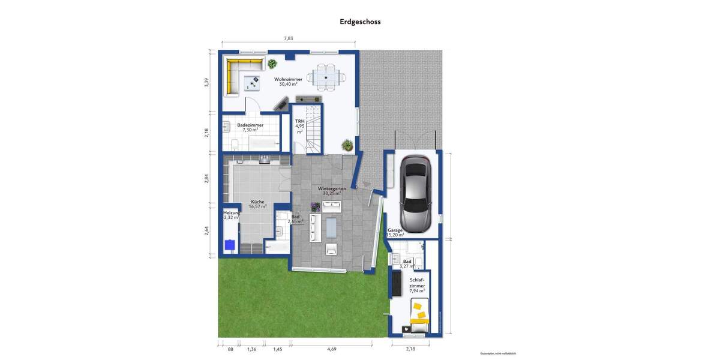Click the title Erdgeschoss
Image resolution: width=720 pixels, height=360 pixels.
[x=360, y=22]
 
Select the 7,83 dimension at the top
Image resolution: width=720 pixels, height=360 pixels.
[x=289, y=38]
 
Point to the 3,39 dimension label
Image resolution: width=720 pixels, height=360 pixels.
[x=206, y=82]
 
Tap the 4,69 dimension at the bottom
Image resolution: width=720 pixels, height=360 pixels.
[x=331, y=349]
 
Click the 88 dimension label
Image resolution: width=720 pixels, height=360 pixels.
[x=230, y=349]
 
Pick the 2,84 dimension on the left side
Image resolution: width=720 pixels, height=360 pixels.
[x=206, y=178]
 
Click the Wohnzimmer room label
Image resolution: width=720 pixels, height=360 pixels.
[x=288, y=79]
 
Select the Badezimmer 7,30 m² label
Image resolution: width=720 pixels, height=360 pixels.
[x=250, y=127]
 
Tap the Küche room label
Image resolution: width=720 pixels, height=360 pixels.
[x=257, y=202]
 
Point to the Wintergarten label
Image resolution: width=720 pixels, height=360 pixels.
[x=332, y=188]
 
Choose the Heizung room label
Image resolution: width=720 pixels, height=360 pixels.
[x=232, y=214]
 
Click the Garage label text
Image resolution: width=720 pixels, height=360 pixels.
[x=395, y=230]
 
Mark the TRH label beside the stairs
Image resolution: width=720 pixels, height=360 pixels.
[x=300, y=122]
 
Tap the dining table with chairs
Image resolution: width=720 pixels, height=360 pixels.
[x=326, y=77]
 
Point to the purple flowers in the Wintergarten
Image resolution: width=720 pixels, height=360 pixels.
[x=315, y=207]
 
